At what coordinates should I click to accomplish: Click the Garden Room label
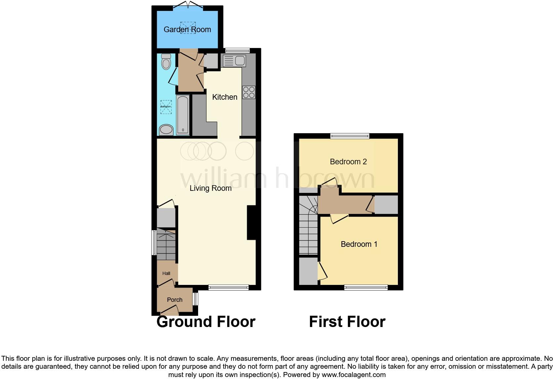point(187,29)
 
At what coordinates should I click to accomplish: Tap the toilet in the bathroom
point(166,62)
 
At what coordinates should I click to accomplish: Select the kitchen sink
point(234,61)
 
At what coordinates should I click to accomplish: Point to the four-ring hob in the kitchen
point(249,92)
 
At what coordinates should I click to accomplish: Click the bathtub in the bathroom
point(183,115)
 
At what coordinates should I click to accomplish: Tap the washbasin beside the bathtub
point(166,130)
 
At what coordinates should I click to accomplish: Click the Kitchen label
point(225,97)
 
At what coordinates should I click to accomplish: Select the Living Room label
point(210,188)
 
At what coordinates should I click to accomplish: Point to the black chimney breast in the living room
point(251,222)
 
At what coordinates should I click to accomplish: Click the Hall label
point(166,273)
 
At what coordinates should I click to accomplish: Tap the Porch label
point(175,300)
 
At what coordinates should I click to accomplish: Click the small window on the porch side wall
point(195,299)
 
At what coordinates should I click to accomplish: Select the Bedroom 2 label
point(348,162)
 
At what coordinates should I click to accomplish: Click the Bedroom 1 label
point(359,244)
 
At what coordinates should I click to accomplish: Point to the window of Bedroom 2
point(350,136)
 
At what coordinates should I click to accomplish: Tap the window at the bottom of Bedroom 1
point(366,288)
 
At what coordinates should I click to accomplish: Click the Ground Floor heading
point(206,322)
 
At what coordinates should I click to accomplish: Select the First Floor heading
point(347,322)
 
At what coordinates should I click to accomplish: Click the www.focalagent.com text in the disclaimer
point(354,375)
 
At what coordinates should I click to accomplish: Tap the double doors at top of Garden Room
point(187,5)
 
